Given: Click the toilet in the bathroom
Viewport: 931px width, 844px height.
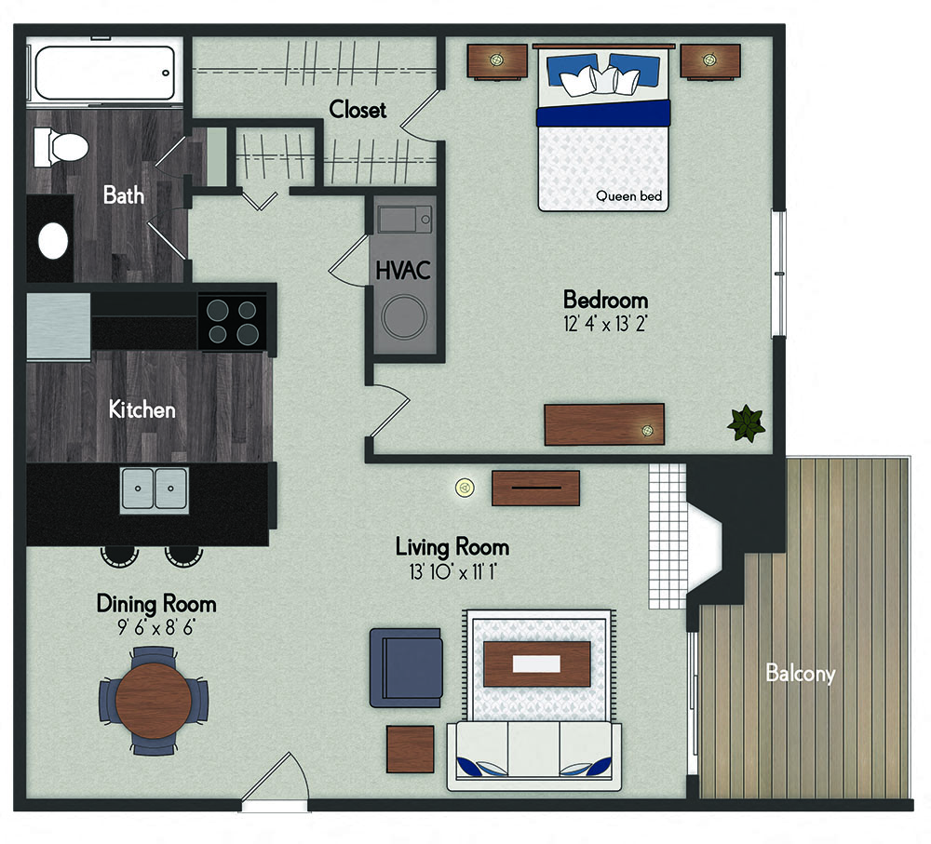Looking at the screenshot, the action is [61, 147].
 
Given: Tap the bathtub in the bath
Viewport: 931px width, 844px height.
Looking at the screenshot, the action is [105, 73].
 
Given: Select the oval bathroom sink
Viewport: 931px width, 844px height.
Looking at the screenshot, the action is [53, 241].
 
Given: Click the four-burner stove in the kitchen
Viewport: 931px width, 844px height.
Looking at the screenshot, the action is [232, 321].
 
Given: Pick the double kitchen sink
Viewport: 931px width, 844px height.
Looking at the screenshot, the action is [155, 490].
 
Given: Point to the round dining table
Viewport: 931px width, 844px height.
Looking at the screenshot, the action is [154, 701].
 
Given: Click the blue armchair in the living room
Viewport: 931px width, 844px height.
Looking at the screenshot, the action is [406, 668].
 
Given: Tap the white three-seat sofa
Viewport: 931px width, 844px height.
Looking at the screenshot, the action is [533, 757].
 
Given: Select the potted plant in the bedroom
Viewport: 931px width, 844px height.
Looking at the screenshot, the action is [746, 423].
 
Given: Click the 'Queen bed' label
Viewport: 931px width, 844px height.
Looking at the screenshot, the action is [628, 195].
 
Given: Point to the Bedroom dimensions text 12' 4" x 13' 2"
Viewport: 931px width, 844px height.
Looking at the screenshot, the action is [605, 324].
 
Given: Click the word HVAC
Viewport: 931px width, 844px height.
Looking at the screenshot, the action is [403, 271].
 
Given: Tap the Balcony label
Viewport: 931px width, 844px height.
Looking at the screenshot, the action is [800, 674].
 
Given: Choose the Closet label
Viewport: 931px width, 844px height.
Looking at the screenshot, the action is [358, 109].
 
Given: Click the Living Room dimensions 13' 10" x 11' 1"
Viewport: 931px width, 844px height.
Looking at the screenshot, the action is [452, 572].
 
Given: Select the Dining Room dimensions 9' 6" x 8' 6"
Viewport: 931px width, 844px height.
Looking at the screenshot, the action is [156, 627].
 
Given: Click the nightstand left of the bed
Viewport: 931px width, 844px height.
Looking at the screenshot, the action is [497, 61].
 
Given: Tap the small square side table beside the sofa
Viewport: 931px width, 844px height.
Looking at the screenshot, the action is [411, 749].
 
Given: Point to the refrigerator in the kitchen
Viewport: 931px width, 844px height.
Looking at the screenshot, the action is [58, 326].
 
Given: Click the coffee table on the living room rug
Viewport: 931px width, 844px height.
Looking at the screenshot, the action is [537, 663].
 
